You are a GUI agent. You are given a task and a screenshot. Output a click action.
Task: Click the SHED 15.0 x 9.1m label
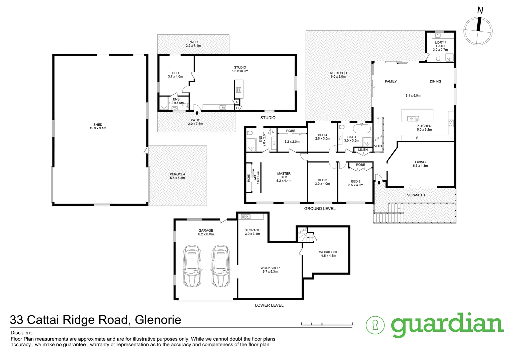pyautogui.click(x=98, y=126)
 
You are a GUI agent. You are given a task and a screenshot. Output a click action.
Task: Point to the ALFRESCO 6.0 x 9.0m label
pyautogui.click(x=338, y=75)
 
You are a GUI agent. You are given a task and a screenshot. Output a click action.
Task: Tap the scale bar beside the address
pyautogui.click(x=326, y=323)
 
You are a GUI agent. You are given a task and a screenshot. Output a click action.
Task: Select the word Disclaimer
pyautogui.click(x=22, y=333)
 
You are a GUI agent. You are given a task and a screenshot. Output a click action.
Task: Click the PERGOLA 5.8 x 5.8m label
pyautogui.click(x=177, y=176)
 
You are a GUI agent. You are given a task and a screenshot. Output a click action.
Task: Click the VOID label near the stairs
pyautogui.click(x=378, y=146)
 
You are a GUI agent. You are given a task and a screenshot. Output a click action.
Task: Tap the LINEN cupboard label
pyautogui.click(x=363, y=150)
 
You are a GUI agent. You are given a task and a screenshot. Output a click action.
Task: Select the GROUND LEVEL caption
pyautogui.click(x=319, y=209)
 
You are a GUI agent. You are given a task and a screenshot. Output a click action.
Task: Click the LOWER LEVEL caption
pyautogui.click(x=269, y=305)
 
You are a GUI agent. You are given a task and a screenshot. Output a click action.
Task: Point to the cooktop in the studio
pyautogui.click(x=239, y=90)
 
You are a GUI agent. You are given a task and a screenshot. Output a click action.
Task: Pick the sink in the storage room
pyautogui.click(x=246, y=217)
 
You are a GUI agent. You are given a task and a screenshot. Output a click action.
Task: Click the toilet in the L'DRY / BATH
pyautogui.click(x=438, y=59)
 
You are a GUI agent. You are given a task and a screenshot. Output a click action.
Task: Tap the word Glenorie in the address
pyautogui.click(x=158, y=320)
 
